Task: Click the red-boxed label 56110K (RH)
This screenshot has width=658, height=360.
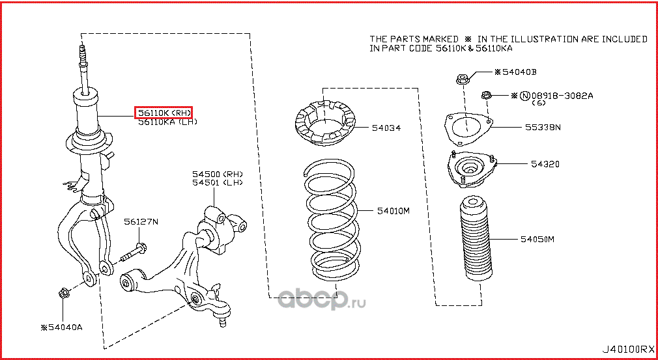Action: pyautogui.click(x=164, y=113)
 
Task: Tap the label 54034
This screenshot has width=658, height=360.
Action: pyautogui.click(x=386, y=128)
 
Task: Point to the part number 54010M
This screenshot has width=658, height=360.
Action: pyautogui.click(x=393, y=211)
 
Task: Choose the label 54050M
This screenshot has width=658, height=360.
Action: pyautogui.click(x=537, y=240)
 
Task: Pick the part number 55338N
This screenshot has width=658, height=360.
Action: pyautogui.click(x=543, y=128)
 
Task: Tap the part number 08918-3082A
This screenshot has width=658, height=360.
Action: pyautogui.click(x=565, y=96)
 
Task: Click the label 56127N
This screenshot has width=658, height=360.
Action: pyautogui.click(x=141, y=222)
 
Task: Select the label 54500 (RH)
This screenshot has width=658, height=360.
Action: pyautogui.click(x=216, y=174)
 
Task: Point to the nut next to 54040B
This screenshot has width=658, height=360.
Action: pyautogui.click(x=461, y=81)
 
